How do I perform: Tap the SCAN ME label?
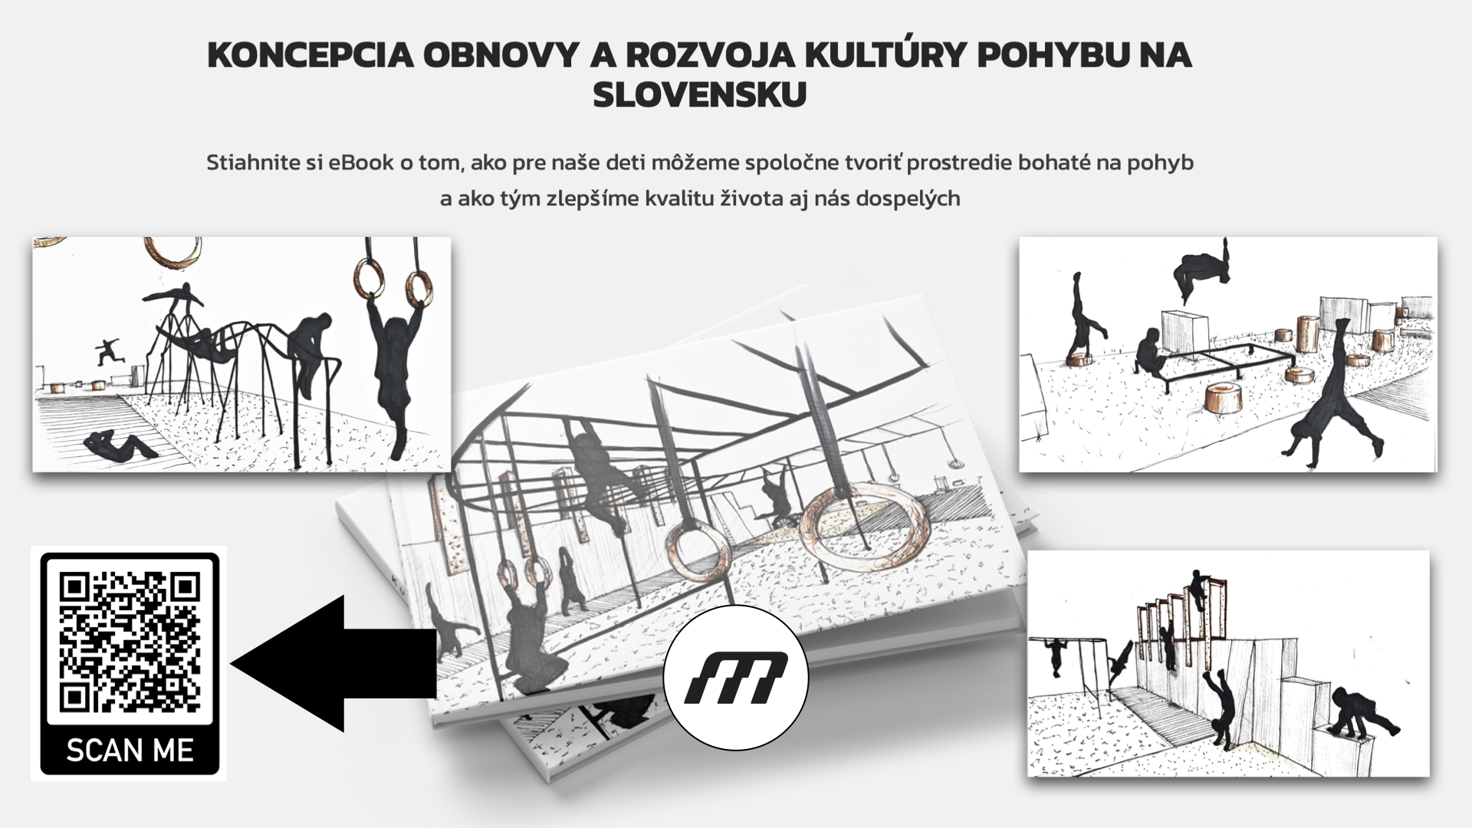tap(130, 751)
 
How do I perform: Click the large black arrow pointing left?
tap(333, 663)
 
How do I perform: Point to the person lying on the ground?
tap(120, 445)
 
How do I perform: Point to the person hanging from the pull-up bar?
tap(1056, 656)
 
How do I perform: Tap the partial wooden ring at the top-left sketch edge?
tap(173, 249)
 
